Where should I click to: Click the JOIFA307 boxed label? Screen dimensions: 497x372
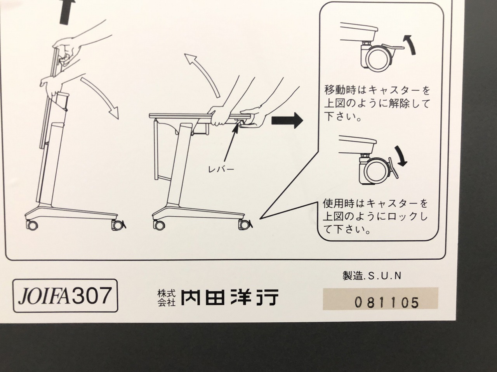pos(65,296)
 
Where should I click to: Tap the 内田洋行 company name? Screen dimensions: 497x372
pos(229,296)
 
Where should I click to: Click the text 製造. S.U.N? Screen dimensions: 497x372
pos(372,276)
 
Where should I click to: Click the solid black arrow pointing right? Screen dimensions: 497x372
pos(287,121)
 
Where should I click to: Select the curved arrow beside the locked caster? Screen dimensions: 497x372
pos(401,156)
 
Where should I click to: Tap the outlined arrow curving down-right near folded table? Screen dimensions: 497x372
pos(101,98)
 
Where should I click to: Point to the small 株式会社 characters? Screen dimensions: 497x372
pos(167,297)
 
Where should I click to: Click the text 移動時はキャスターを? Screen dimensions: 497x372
pos(377,90)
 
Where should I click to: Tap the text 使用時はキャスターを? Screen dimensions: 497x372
pos(375,203)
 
